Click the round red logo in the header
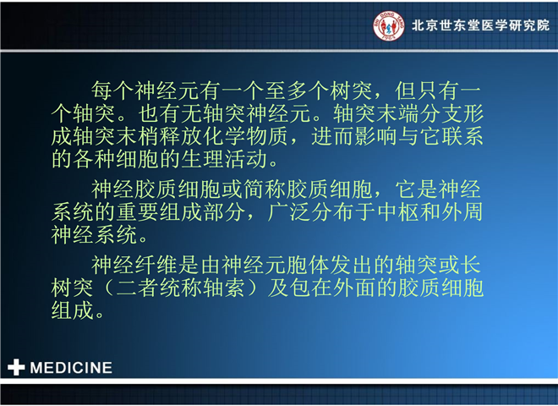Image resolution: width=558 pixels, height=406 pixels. (x=389, y=25)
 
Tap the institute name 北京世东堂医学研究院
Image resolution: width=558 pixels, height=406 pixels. (x=480, y=25)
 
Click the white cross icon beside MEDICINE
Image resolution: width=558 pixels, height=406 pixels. (x=16, y=367)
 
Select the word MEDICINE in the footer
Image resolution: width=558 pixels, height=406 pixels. (x=71, y=368)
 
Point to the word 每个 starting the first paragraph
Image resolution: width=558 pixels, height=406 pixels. (x=112, y=91)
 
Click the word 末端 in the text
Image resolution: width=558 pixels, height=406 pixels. (x=397, y=113)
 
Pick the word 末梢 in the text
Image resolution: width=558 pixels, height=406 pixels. (x=138, y=136)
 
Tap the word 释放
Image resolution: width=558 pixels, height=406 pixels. (x=181, y=136)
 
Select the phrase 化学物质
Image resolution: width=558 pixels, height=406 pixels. (x=245, y=136)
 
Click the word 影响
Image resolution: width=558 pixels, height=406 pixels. (x=376, y=136)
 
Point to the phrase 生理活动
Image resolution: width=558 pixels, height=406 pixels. (x=224, y=159)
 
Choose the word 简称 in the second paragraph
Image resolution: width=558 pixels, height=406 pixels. (x=265, y=189)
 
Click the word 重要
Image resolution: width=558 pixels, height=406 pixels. (x=138, y=212)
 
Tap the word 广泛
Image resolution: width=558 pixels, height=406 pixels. (x=289, y=212)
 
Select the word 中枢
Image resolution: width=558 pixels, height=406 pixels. (x=397, y=212)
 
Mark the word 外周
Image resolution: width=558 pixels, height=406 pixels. (x=462, y=212)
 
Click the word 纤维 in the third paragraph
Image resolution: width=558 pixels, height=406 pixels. (x=156, y=265)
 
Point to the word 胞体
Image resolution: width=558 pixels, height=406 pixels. (x=308, y=265)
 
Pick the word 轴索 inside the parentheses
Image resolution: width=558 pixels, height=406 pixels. (x=224, y=288)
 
